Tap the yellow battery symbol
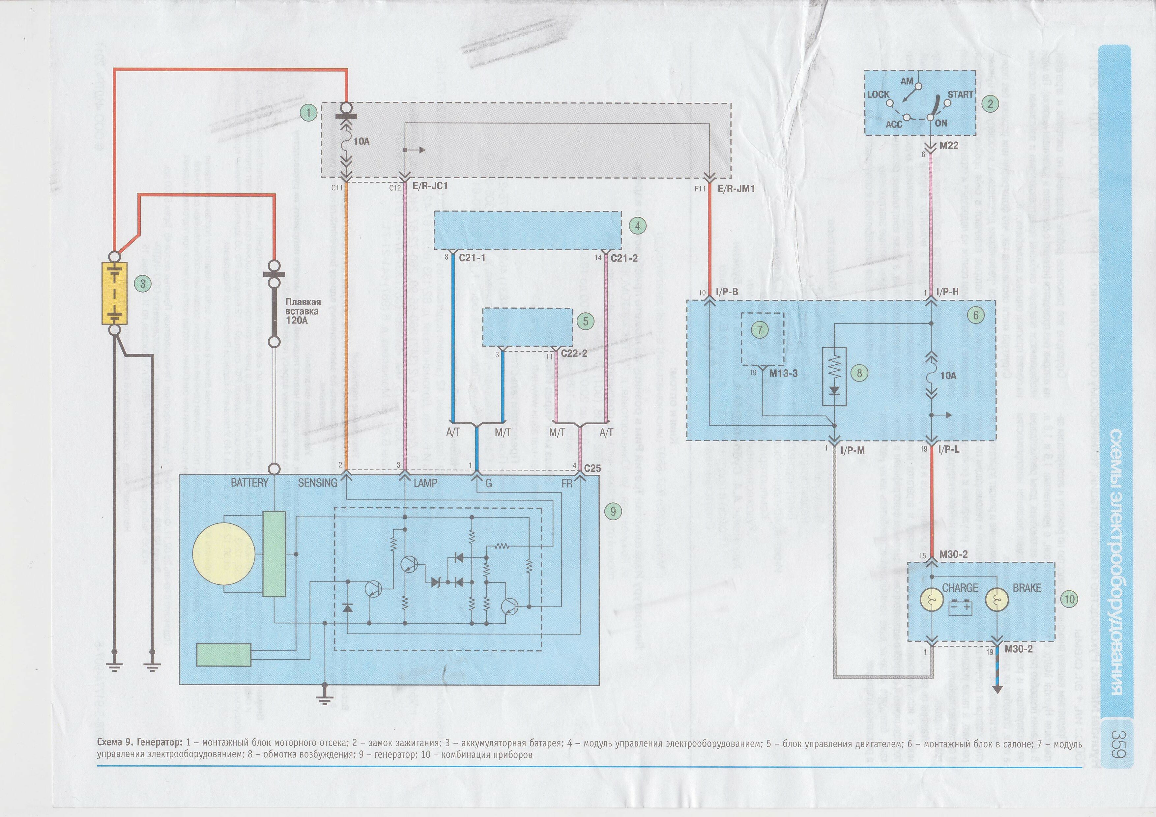pos(114,294)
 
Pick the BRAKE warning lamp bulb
pos(997,600)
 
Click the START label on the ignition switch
pos(960,95)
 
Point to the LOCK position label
pos(878,95)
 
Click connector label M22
pos(949,146)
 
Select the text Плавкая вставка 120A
pos(303,311)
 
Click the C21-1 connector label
pos(472,258)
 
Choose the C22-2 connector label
pos(574,353)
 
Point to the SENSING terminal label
pos(317,483)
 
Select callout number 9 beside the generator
pos(613,511)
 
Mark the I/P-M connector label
pos(852,450)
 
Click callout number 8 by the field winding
pos(859,373)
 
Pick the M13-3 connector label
pos(783,374)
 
